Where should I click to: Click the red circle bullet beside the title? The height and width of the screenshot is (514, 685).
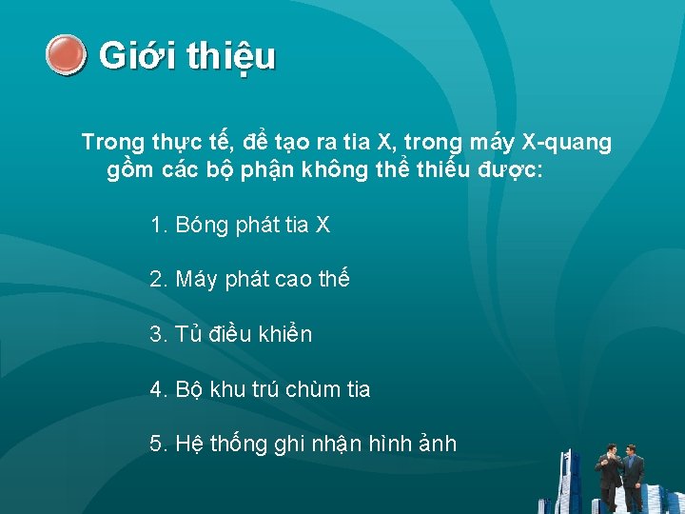tap(66, 55)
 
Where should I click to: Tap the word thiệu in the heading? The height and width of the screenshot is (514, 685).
tap(231, 57)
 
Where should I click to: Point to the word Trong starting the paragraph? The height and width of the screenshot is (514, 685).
tap(112, 143)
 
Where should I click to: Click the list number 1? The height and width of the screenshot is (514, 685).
tap(158, 226)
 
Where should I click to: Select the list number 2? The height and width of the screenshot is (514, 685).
tap(158, 280)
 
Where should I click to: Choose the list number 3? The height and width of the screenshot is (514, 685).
tap(158, 335)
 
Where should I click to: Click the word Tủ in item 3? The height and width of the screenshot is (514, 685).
tap(188, 335)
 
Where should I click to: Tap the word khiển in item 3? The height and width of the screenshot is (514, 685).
tap(286, 335)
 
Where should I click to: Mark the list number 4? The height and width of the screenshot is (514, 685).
tap(158, 389)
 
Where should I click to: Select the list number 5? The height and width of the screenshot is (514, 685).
tap(158, 444)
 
